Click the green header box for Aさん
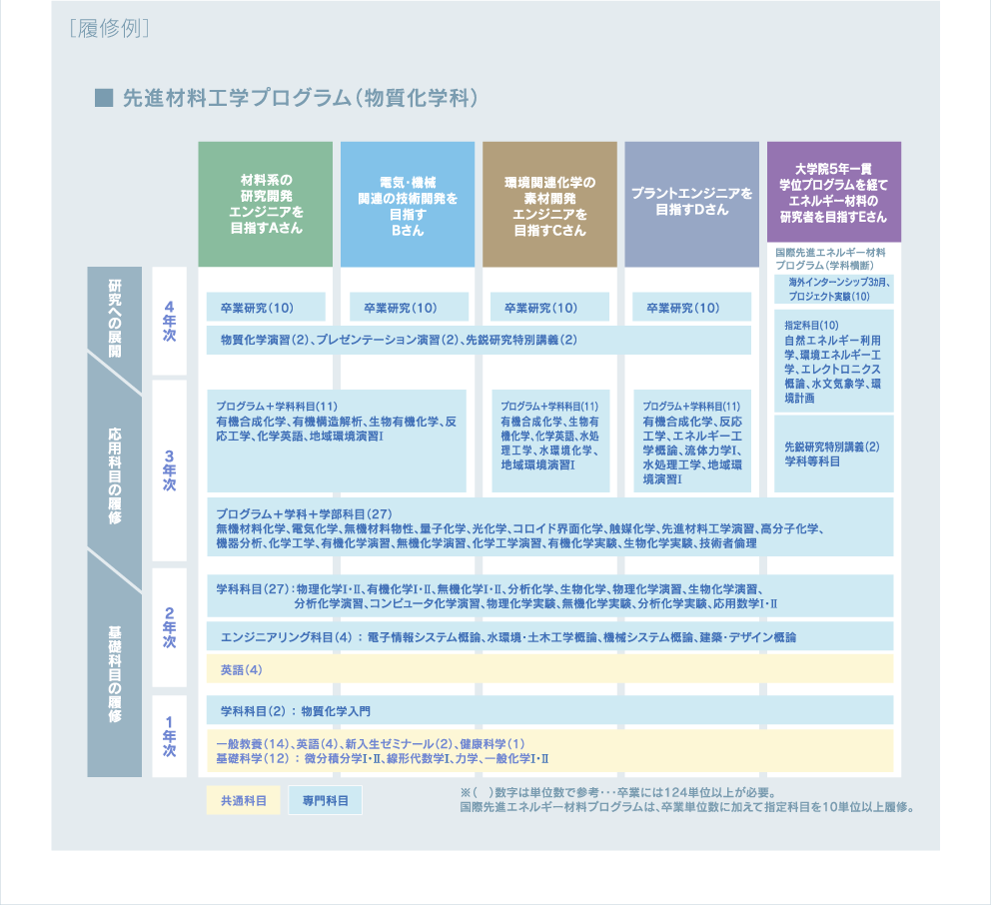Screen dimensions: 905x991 [265, 204]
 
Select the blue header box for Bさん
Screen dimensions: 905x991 [408, 204]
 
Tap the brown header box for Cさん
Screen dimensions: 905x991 [549, 204]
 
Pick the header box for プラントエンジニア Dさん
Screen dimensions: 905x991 [692, 204]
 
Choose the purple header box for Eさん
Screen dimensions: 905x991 [833, 191]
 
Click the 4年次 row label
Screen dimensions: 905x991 [169, 322]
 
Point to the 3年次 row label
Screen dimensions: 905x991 [169, 469]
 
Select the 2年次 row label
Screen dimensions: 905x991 [169, 627]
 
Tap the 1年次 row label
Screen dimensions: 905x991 [169, 735]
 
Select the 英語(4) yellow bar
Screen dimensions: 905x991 [549, 668]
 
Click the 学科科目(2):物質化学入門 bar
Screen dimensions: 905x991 [549, 710]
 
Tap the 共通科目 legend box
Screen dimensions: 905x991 [237, 800]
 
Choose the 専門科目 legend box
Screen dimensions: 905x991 [325, 800]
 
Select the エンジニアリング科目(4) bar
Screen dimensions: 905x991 [549, 636]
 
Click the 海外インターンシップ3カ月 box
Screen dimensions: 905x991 [834, 291]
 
